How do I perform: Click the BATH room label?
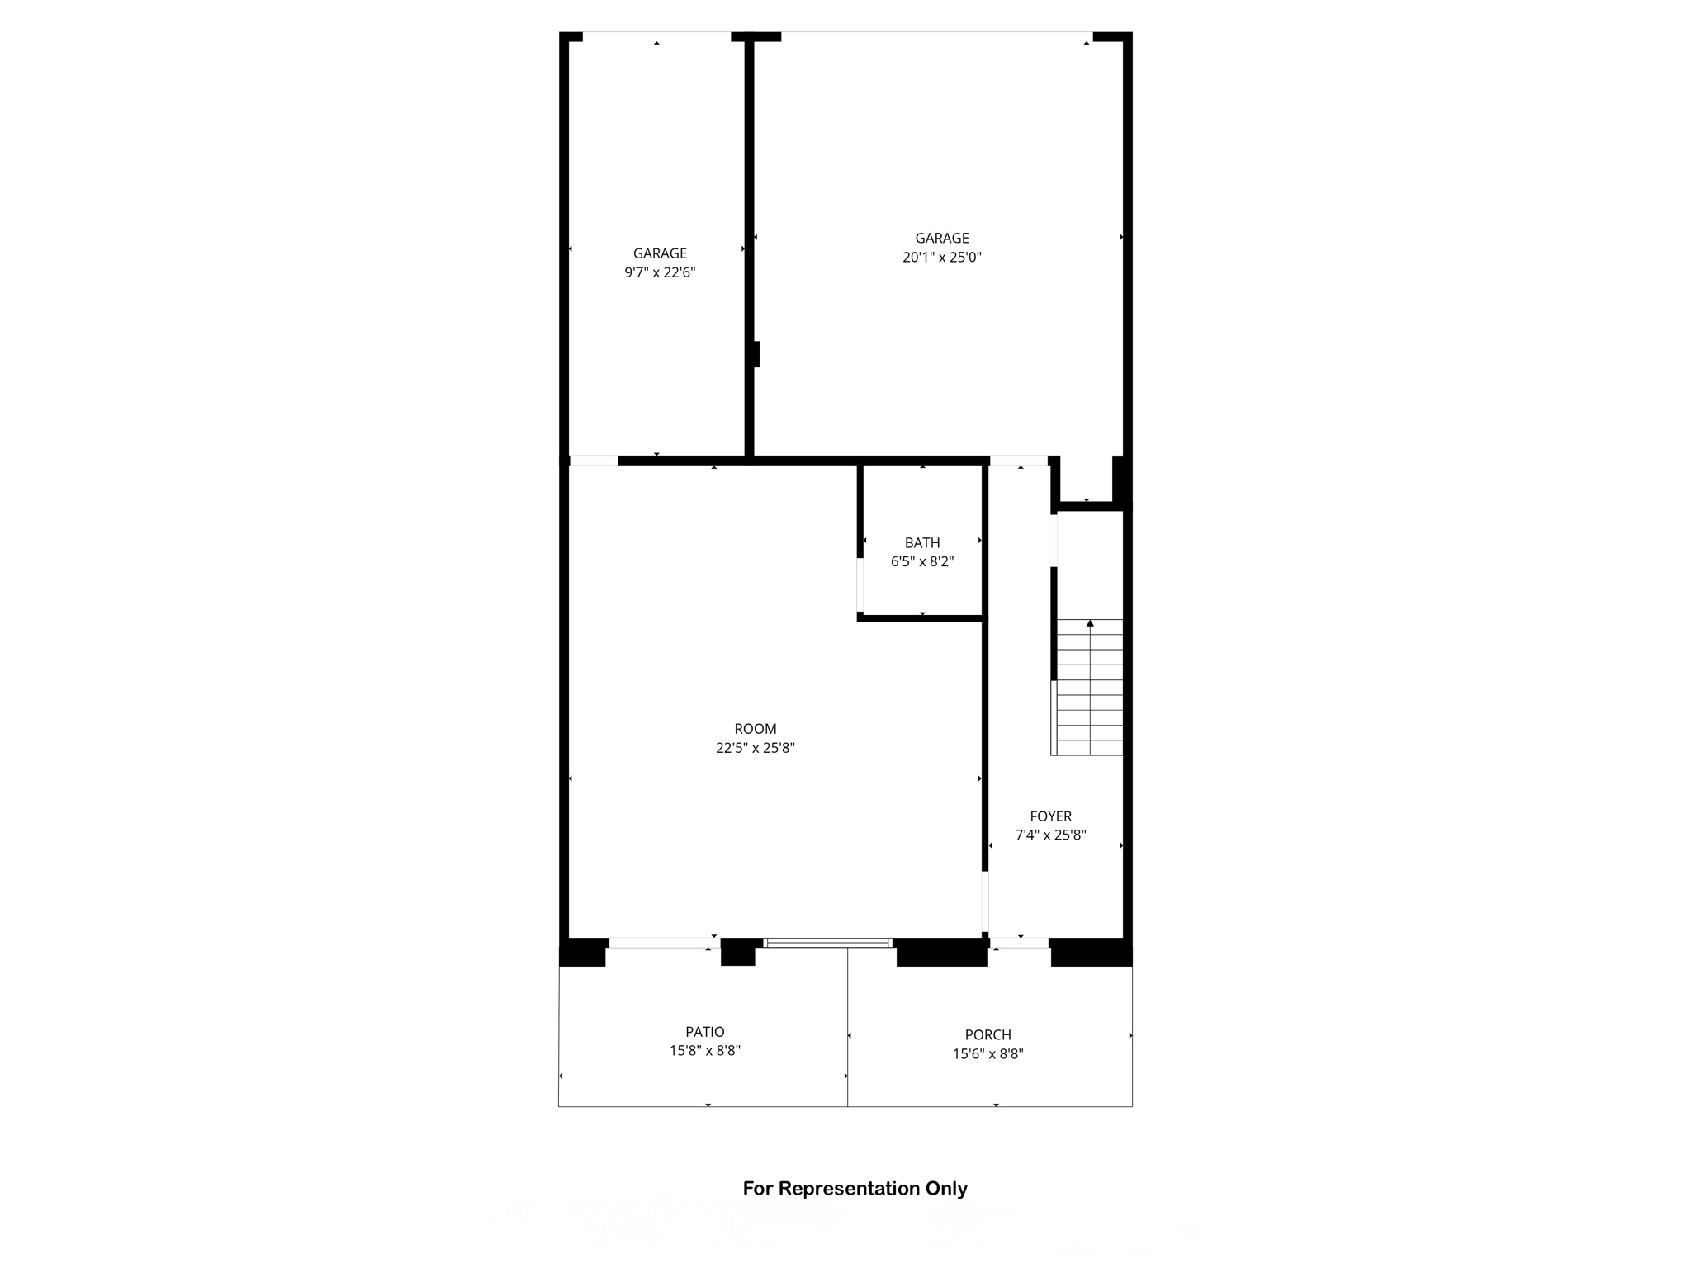[922, 543]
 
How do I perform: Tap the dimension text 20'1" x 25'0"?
[942, 258]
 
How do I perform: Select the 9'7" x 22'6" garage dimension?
[660, 272]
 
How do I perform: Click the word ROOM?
[756, 729]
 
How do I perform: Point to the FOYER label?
[1050, 816]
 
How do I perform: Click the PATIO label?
[705, 1032]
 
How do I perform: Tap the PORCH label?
[988, 1035]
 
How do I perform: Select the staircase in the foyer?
[1089, 689]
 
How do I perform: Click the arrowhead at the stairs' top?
[1090, 623]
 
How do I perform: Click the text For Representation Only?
[855, 1189]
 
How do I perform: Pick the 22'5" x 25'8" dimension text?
[756, 749]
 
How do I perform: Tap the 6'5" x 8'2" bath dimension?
[922, 562]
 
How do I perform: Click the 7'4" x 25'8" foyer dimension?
[1050, 835]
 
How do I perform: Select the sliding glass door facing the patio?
[827, 943]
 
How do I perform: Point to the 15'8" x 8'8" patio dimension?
[705, 1051]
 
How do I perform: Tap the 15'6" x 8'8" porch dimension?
[988, 1054]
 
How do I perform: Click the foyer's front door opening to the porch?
[1020, 943]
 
